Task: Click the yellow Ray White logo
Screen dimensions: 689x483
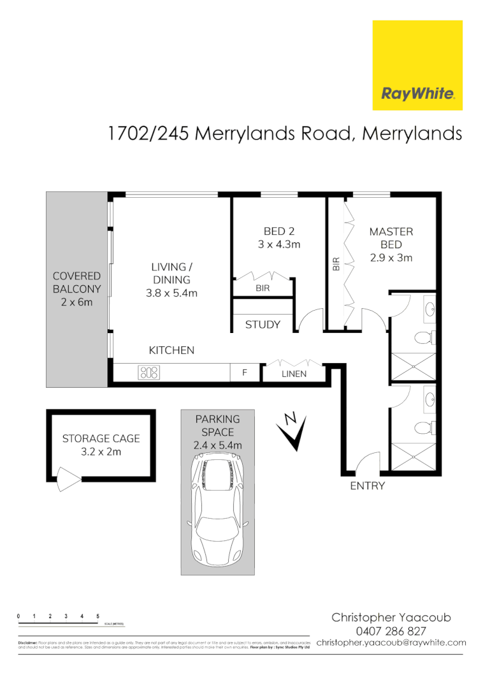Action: pyautogui.click(x=417, y=65)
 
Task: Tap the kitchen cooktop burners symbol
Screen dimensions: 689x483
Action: pyautogui.click(x=149, y=373)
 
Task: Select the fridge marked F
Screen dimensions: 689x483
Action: pyautogui.click(x=244, y=373)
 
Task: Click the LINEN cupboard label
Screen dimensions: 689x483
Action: pyautogui.click(x=294, y=374)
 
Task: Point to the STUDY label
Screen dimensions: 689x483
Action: pyautogui.click(x=263, y=325)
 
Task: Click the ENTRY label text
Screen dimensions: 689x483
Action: pyautogui.click(x=368, y=486)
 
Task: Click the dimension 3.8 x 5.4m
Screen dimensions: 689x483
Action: pyautogui.click(x=170, y=293)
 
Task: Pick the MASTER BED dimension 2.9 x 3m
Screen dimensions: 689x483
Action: pyautogui.click(x=391, y=258)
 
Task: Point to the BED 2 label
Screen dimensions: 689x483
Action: pyautogui.click(x=278, y=232)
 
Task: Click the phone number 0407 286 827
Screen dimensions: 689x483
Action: pyautogui.click(x=391, y=631)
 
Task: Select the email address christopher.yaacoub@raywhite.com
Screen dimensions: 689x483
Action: pyautogui.click(x=391, y=642)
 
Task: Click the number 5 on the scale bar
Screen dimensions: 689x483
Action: pyautogui.click(x=97, y=616)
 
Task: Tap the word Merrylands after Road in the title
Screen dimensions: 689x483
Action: pyautogui.click(x=412, y=133)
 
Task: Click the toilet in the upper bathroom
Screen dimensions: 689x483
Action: pyautogui.click(x=424, y=337)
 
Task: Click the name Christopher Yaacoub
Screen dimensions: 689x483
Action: pyautogui.click(x=391, y=618)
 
